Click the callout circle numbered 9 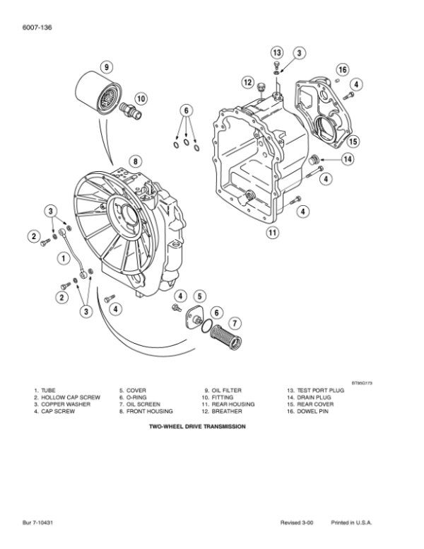coord(107,67)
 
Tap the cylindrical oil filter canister coord(99,92)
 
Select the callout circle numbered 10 coord(141,98)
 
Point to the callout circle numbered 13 coord(277,52)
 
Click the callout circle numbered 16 coord(343,69)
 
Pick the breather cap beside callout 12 coord(261,87)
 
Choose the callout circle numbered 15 coord(353,141)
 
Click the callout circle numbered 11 coord(273,233)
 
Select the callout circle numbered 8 coord(136,161)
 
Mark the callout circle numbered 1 coord(64,258)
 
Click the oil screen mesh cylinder coord(225,336)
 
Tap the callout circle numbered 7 coord(235,323)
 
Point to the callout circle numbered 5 coord(199,296)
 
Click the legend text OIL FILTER coord(226,391)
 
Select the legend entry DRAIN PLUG coord(314,398)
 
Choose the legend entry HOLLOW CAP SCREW coord(71,398)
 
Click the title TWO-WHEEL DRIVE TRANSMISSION coord(197,427)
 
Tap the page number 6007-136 coord(37,28)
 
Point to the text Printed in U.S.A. coord(351,523)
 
